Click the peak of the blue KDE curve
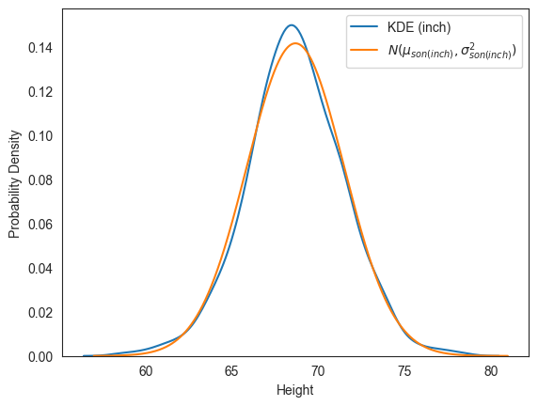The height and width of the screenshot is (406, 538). click(x=292, y=25)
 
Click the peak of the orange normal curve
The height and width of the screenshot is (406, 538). click(x=295, y=43)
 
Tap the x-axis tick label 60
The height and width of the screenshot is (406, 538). click(x=146, y=372)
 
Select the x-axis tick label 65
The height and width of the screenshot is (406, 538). click(x=232, y=372)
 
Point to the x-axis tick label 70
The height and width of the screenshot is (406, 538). click(x=318, y=372)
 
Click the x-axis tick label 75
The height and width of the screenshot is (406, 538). click(x=404, y=372)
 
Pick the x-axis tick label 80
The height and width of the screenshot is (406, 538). click(x=491, y=372)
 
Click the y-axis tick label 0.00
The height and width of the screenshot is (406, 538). click(x=41, y=357)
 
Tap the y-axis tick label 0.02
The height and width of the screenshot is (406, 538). click(x=41, y=313)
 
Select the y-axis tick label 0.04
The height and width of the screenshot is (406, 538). click(x=41, y=269)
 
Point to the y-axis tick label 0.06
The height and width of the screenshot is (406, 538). click(x=41, y=225)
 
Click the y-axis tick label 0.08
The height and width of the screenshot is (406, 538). click(x=41, y=180)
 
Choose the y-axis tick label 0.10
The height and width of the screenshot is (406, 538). click(x=41, y=136)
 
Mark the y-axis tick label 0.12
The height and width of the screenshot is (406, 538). click(x=41, y=92)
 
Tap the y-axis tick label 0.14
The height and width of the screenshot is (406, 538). click(x=41, y=48)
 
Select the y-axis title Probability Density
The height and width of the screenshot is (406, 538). click(x=14, y=183)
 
